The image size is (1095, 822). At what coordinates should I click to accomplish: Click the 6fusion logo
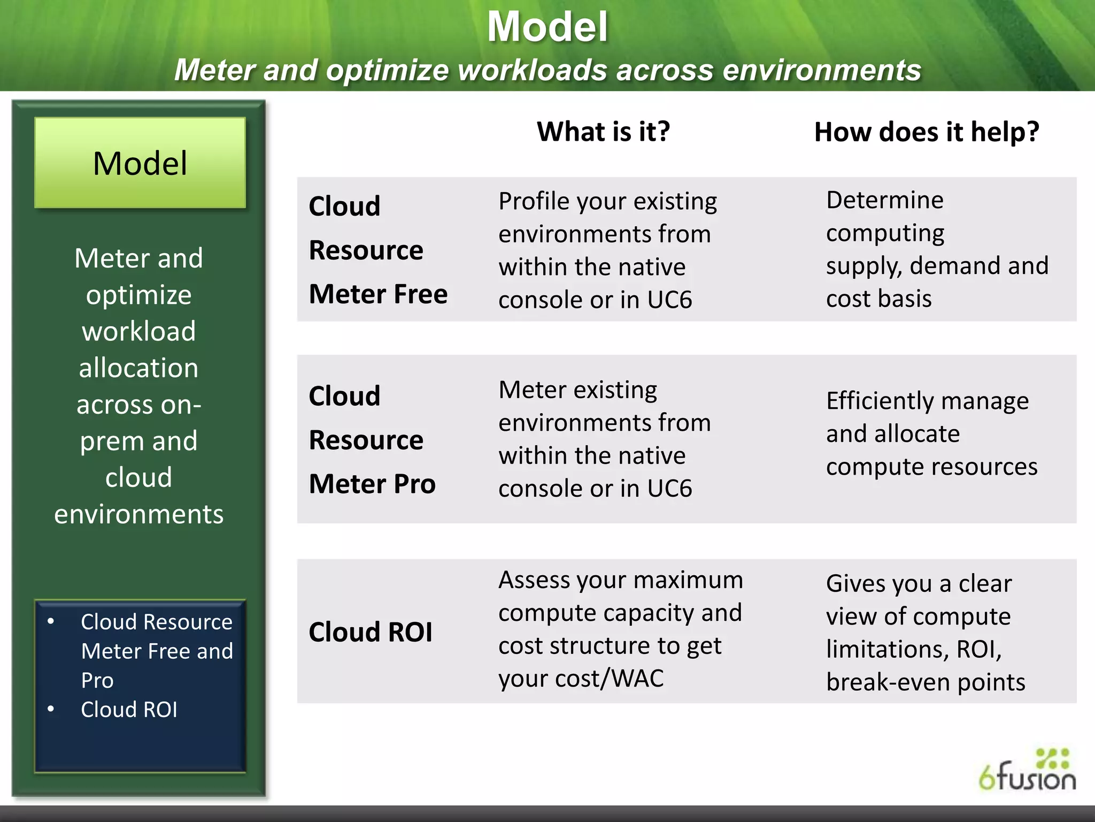[x=1027, y=771]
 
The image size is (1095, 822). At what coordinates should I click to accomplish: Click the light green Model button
[x=140, y=163]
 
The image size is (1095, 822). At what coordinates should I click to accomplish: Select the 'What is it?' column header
[x=603, y=132]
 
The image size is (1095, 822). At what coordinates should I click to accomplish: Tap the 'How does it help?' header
[x=927, y=132]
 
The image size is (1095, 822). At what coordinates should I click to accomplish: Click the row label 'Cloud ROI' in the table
[x=371, y=632]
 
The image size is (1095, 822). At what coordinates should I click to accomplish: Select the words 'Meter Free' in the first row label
[x=378, y=294]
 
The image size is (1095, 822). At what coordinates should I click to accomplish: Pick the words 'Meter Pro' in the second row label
[x=372, y=484]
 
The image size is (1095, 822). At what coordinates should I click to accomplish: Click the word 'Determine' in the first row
[x=885, y=200]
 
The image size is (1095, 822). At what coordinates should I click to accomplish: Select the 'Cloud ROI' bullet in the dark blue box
[x=129, y=710]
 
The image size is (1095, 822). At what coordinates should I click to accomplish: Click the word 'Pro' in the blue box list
[x=97, y=681]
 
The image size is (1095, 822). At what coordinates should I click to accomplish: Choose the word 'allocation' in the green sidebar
[x=138, y=368]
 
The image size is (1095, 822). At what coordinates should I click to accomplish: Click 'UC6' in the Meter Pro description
[x=669, y=489]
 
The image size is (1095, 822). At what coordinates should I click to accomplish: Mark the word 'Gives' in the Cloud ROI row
[x=853, y=584]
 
